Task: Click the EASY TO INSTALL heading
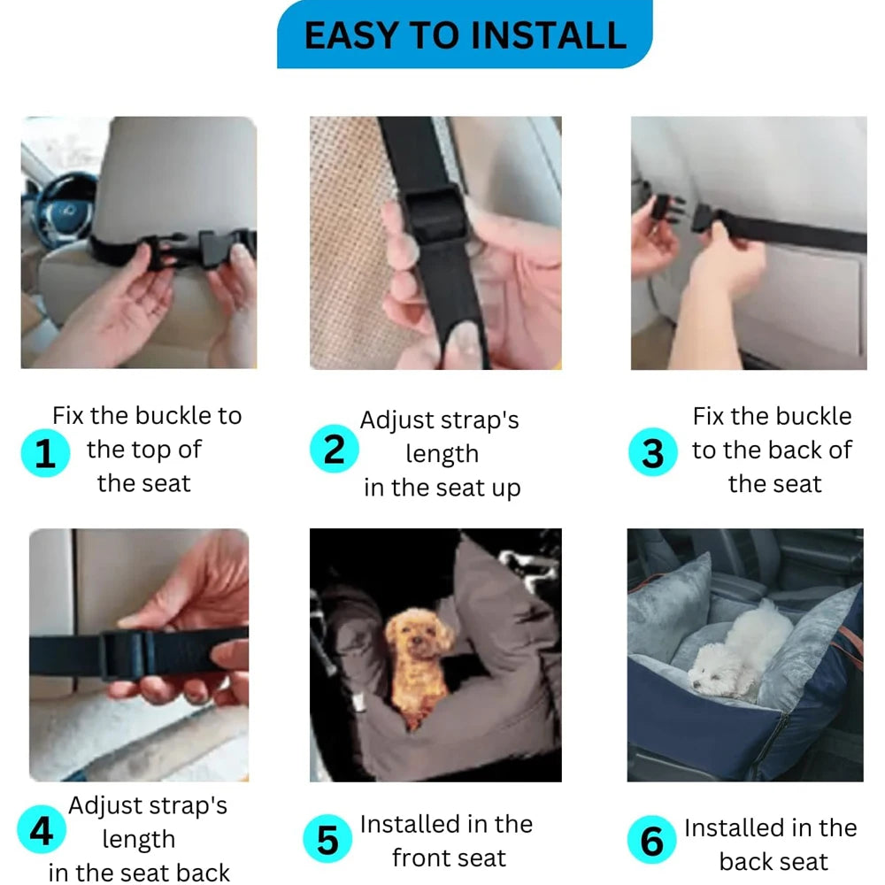click(466, 35)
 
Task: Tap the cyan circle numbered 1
click(45, 452)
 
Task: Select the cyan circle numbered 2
click(335, 449)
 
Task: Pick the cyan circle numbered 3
click(653, 451)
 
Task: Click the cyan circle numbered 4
click(42, 829)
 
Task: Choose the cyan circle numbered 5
click(327, 839)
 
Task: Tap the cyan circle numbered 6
click(651, 840)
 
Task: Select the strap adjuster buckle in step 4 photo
click(127, 654)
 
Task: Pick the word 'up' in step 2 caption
click(505, 489)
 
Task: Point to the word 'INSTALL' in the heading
click(548, 35)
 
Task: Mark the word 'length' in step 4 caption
click(139, 840)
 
